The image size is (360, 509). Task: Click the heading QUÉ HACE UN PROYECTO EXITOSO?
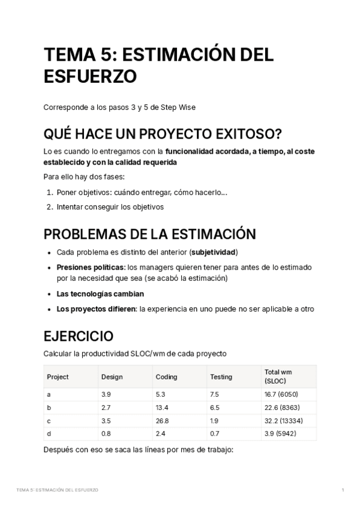pyautogui.click(x=163, y=132)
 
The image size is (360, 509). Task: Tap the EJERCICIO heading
pyautogui.click(x=78, y=336)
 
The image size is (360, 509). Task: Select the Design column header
pyautogui.click(x=112, y=377)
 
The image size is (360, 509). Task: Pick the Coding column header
pyautogui.click(x=166, y=377)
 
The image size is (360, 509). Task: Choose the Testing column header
pyautogui.click(x=221, y=377)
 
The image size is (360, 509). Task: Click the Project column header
pyautogui.click(x=58, y=377)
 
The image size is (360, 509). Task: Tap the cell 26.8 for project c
pyautogui.click(x=162, y=421)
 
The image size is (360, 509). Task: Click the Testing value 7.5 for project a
pyautogui.click(x=214, y=394)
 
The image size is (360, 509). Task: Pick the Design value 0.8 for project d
pyautogui.click(x=106, y=434)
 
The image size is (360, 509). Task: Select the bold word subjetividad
pyautogui.click(x=214, y=252)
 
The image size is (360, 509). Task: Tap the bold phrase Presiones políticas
pyautogui.click(x=91, y=267)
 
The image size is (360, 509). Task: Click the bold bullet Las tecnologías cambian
pyautogui.click(x=100, y=294)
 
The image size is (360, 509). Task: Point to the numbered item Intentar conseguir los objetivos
pyautogui.click(x=110, y=207)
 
